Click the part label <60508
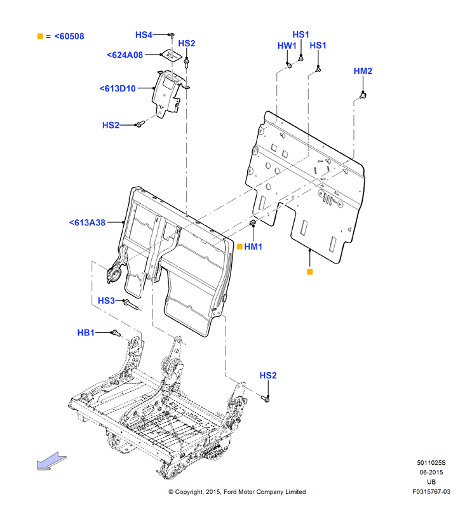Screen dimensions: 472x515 pyautogui.click(x=69, y=36)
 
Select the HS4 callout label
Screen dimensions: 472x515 pyautogui.click(x=144, y=35)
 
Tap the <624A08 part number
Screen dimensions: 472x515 pyautogui.click(x=125, y=55)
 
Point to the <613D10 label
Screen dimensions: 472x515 pyautogui.click(x=118, y=88)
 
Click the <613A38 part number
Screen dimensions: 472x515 pyautogui.click(x=88, y=222)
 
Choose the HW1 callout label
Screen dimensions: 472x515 pyautogui.click(x=287, y=46)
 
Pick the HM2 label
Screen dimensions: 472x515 pyautogui.click(x=363, y=71)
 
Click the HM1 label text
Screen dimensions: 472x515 pyautogui.click(x=253, y=246)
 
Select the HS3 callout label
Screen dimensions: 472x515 pyautogui.click(x=107, y=300)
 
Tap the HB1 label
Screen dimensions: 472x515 pyautogui.click(x=86, y=332)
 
